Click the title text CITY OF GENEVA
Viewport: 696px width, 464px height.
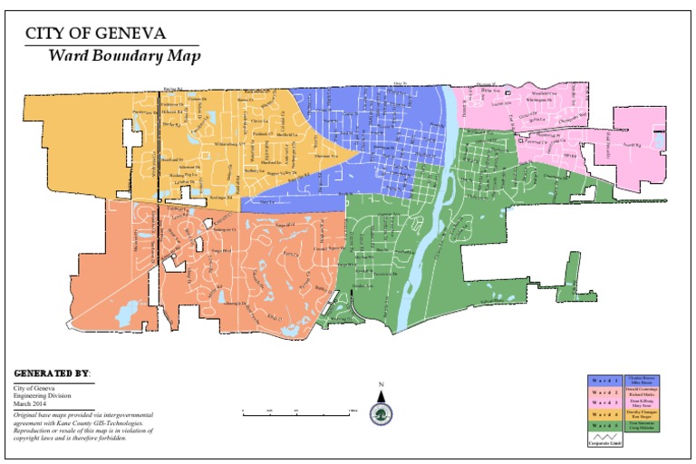pos(95,34)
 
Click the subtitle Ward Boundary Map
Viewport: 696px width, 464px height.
pos(124,55)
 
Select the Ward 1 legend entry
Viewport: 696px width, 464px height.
pos(605,381)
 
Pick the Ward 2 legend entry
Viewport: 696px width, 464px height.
pos(605,391)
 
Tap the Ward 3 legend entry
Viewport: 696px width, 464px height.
pos(605,402)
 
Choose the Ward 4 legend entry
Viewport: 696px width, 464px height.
pos(605,413)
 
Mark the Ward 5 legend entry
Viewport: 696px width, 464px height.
pos(605,424)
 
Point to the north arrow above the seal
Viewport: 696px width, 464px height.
pos(382,391)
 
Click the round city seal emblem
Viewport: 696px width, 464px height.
pos(382,412)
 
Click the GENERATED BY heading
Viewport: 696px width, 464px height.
pos(53,373)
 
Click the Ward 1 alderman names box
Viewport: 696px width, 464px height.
pos(642,381)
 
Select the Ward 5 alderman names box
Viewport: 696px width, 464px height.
pos(642,424)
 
